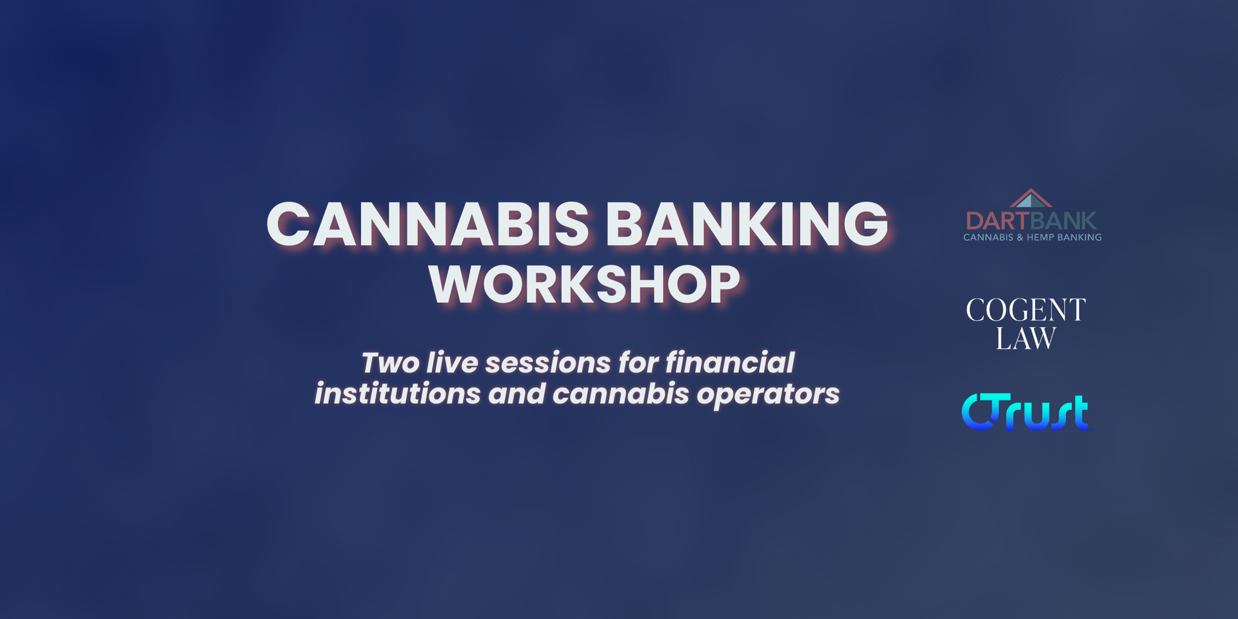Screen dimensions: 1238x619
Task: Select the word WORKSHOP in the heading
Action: (x=584, y=284)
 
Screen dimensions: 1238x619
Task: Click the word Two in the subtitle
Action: (x=390, y=363)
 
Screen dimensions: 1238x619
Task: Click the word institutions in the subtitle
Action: (x=397, y=393)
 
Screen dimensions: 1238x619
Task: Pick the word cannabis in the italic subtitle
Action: (x=620, y=393)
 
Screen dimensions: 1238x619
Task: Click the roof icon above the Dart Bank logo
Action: (x=1030, y=199)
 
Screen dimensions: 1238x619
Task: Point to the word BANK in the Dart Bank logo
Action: (x=1064, y=221)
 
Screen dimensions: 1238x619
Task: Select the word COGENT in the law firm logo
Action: (x=1026, y=310)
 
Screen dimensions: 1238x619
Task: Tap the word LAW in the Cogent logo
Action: (x=1026, y=339)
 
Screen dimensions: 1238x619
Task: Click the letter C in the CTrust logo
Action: (x=977, y=411)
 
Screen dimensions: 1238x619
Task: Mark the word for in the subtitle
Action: (x=637, y=362)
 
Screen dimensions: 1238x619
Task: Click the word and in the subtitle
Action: (x=516, y=393)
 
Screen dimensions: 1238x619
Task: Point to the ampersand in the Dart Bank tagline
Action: (x=1019, y=237)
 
